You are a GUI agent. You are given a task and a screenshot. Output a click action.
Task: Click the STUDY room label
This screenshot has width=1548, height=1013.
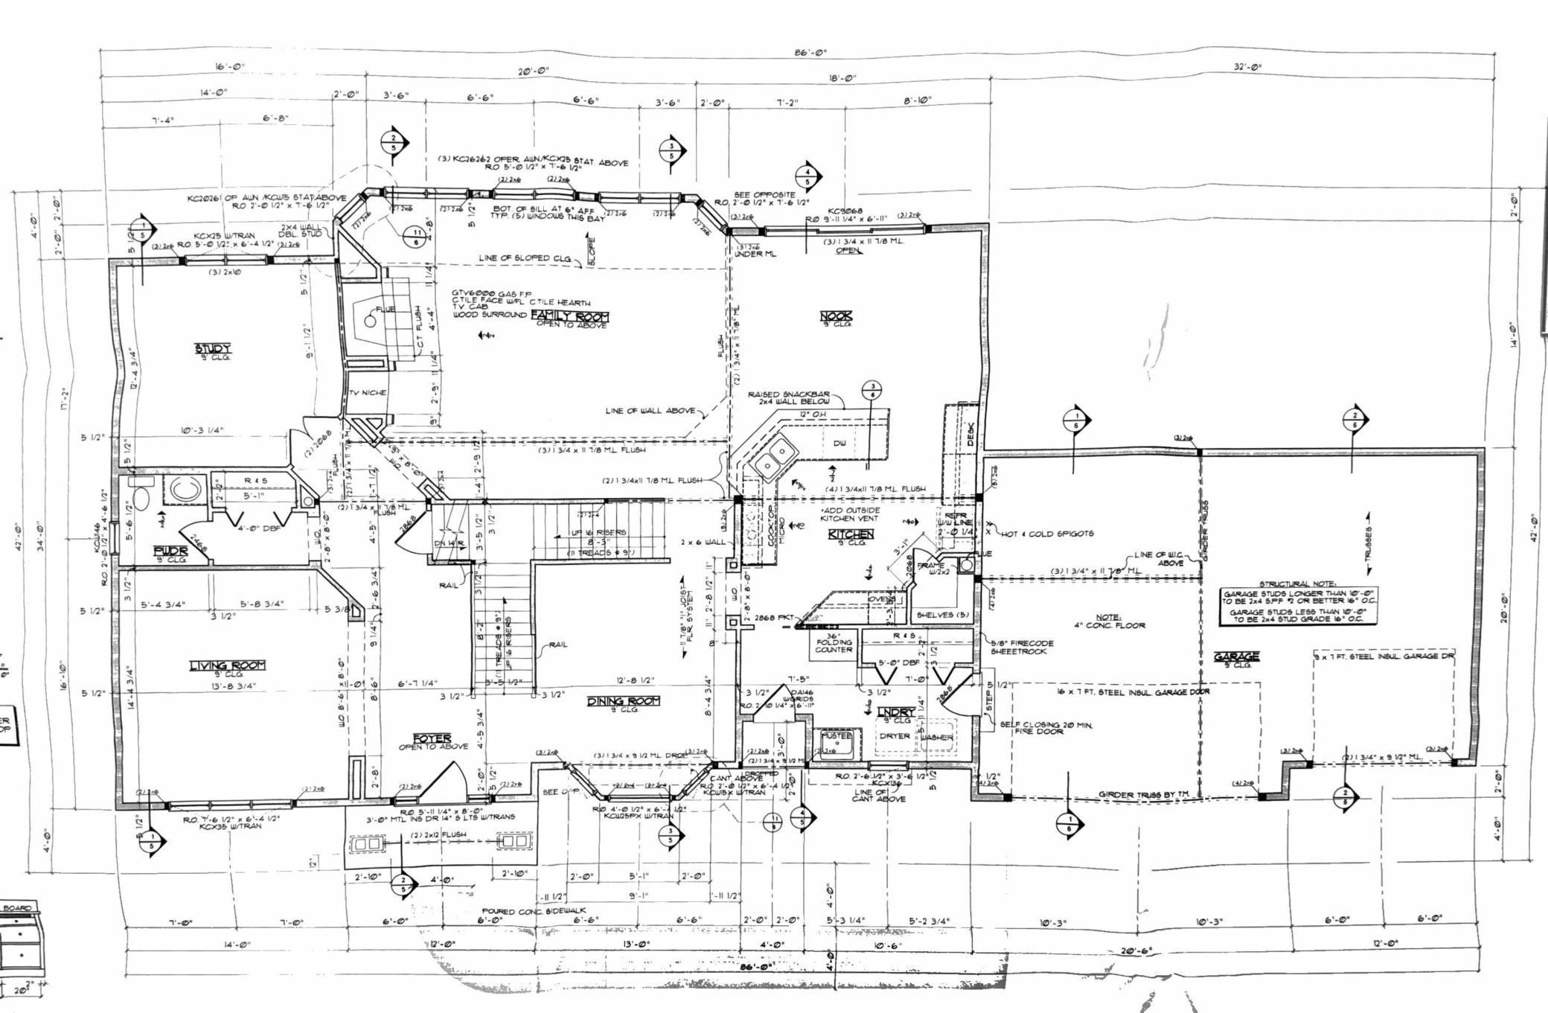213,348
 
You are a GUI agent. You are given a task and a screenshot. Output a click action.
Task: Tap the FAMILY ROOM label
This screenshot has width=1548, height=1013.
569,316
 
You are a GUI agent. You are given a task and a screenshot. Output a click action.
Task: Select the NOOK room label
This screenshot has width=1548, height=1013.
836,316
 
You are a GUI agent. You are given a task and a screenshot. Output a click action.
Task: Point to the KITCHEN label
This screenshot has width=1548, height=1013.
851,534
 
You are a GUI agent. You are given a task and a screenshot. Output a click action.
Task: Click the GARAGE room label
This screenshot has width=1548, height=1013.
1237,656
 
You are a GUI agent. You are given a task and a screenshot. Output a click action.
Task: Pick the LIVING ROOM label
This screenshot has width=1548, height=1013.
228,665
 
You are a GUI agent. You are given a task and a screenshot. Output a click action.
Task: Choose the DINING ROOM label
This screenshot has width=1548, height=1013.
624,701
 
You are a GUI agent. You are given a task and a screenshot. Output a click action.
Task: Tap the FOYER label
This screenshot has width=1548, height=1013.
432,738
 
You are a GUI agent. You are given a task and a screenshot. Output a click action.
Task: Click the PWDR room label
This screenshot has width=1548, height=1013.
168,551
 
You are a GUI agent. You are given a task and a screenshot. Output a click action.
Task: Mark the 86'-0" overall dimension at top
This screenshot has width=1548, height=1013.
810,53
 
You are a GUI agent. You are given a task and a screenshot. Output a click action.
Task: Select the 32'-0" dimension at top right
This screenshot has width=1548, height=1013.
1247,68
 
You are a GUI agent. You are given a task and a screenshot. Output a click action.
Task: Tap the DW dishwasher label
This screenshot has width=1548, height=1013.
839,443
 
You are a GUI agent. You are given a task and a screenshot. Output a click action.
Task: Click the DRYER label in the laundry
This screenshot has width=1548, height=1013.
895,735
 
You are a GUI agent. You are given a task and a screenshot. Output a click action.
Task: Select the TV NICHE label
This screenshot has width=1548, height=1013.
368,393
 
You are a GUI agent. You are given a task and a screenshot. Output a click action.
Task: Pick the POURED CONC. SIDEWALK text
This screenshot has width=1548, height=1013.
534,910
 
